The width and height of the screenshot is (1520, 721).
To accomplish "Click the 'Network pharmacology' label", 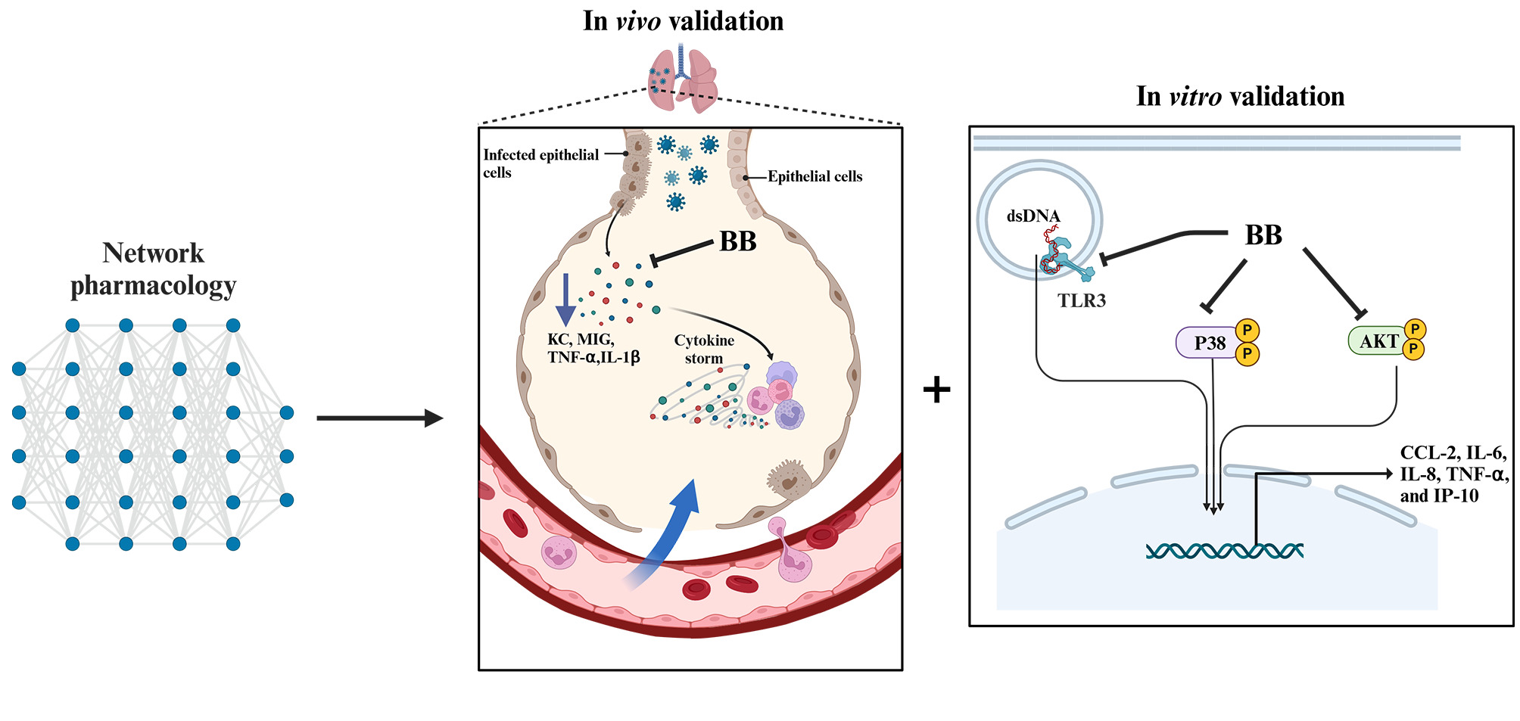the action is [153, 269].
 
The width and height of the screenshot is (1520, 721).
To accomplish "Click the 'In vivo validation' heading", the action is [683, 20].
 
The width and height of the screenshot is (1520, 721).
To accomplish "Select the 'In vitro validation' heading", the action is [1240, 96].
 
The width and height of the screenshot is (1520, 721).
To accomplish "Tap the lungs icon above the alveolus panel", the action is [682, 78].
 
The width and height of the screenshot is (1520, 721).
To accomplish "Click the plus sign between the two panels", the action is [936, 390].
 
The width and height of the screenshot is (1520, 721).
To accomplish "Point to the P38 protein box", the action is [1209, 343].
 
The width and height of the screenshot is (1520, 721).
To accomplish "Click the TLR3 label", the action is [1082, 300].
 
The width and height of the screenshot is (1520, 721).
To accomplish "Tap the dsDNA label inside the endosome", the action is [1033, 216].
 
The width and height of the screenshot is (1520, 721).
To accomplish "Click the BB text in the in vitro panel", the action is [1263, 235].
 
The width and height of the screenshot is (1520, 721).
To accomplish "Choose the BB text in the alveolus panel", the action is [738, 241].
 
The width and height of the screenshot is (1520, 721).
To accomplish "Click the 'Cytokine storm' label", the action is [704, 349].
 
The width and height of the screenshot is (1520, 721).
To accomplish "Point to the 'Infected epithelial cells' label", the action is [540, 163].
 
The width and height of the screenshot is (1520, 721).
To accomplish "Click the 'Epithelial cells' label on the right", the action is [815, 176].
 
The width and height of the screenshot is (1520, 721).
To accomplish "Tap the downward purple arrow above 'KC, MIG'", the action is [565, 300].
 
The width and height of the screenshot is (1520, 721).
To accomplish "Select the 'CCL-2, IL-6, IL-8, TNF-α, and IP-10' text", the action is [1454, 474].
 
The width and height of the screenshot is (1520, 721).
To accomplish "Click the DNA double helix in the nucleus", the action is [1224, 551].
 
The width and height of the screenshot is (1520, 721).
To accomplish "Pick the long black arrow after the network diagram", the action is [380, 418].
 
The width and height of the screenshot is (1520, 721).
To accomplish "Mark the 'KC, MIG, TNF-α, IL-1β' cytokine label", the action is [593, 349].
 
